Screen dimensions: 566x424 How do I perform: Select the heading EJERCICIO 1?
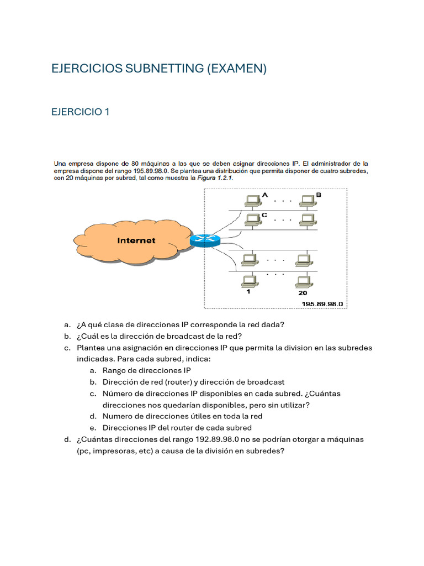tap(80, 112)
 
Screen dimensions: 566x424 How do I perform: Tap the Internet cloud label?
tap(136, 240)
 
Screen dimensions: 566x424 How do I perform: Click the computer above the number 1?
tap(248, 281)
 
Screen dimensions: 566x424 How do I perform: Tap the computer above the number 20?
tap(302, 281)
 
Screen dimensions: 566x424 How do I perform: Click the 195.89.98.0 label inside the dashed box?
tap(322, 304)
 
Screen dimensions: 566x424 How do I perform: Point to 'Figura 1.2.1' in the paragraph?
tap(213, 179)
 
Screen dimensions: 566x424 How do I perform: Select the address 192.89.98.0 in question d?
tap(217, 439)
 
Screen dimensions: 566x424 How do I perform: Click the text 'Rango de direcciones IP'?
tap(147, 370)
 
